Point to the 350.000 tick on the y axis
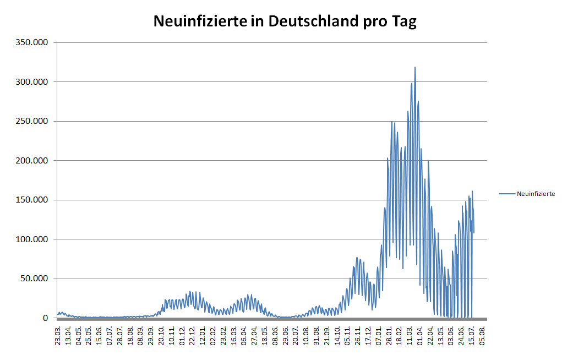[x=33, y=42]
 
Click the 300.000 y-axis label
[x=33, y=82]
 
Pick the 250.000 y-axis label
[x=33, y=121]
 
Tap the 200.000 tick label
[x=33, y=161]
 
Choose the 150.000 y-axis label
[x=33, y=200]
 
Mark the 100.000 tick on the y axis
[x=33, y=239]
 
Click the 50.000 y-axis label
[x=35, y=279]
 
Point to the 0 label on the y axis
[x=46, y=318]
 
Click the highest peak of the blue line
[x=415, y=68]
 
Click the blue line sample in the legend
[x=507, y=194]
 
